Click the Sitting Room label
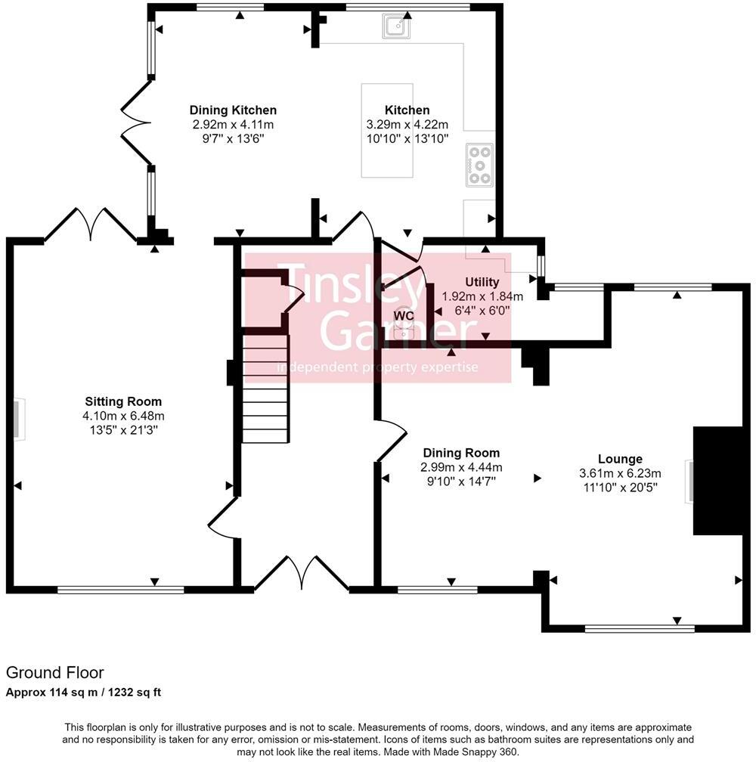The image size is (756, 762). coord(123,401)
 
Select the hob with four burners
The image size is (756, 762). coord(479,164)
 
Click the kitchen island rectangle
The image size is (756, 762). coord(387,130)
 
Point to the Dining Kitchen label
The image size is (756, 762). coord(233,110)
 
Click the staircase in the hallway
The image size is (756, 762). coord(265,389)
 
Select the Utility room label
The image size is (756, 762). coord(482,282)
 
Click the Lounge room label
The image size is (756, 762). coord(620,459)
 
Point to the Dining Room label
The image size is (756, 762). coord(460,453)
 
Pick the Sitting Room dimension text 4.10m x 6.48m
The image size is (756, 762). coord(123,416)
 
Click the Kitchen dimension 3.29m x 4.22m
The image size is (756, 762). coord(407,125)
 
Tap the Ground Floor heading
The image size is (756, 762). coord(54,672)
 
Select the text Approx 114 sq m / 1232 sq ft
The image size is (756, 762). coord(84,692)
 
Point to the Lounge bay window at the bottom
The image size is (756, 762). coord(640,628)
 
